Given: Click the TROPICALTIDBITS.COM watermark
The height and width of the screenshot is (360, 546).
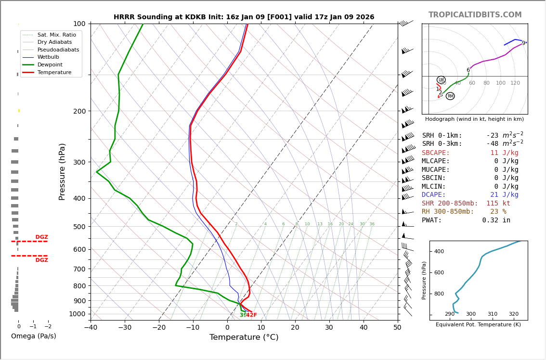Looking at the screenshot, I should pos(475,15).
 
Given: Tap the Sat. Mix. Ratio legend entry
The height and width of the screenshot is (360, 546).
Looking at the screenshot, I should pos(56,35).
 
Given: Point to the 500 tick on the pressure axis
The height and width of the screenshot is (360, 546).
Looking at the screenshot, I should pos(79,227).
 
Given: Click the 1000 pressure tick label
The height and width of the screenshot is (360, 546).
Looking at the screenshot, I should pos(78,314).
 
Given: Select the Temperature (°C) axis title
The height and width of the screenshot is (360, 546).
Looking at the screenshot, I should pos(244,337).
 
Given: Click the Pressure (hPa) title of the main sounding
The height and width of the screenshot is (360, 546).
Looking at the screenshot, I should pos(62,171).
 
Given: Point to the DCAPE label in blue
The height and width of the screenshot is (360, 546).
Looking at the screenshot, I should pos(435,195).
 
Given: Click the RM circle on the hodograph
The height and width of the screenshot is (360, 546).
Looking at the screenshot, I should pos(450,96).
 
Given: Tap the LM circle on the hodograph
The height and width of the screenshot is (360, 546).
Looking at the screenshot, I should pos(441,80).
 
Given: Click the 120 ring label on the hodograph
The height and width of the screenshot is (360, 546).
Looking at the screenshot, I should pos(515,83).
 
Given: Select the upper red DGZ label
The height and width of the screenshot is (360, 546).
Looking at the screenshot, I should pos(41,237).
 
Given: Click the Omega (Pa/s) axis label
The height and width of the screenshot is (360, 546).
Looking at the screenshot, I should pos(34,336).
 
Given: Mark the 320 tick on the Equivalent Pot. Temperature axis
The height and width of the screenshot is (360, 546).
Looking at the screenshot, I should pos(514,314).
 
